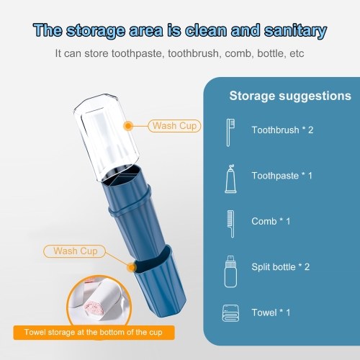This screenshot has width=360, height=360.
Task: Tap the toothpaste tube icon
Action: coord(230,179)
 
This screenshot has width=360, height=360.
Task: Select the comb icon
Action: coord(231,224)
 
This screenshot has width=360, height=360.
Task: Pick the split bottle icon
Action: coord(230,271)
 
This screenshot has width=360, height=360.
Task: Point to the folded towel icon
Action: coord(230,313)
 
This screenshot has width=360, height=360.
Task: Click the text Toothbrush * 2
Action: coord(282,130)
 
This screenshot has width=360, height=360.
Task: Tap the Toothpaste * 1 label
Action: coord(282,176)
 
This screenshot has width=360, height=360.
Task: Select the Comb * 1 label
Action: coord(271,221)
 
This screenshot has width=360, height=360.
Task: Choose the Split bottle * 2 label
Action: coord(281,267)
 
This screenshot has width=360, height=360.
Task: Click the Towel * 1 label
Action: coord(271,312)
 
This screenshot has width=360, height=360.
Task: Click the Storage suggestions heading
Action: coord(290,96)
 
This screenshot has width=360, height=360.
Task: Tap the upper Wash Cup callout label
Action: coord(174,126)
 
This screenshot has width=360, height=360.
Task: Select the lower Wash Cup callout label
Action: coord(75,251)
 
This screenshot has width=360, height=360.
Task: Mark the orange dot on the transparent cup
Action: coord(129,126)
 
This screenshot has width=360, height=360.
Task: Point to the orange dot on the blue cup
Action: coord(131,267)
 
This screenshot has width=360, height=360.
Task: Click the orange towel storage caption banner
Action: coord(94,333)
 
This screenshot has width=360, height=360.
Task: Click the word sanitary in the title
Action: coord(295,31)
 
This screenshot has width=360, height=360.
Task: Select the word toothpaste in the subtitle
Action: coord(138,53)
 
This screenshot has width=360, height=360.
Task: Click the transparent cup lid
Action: coord(107,137)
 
